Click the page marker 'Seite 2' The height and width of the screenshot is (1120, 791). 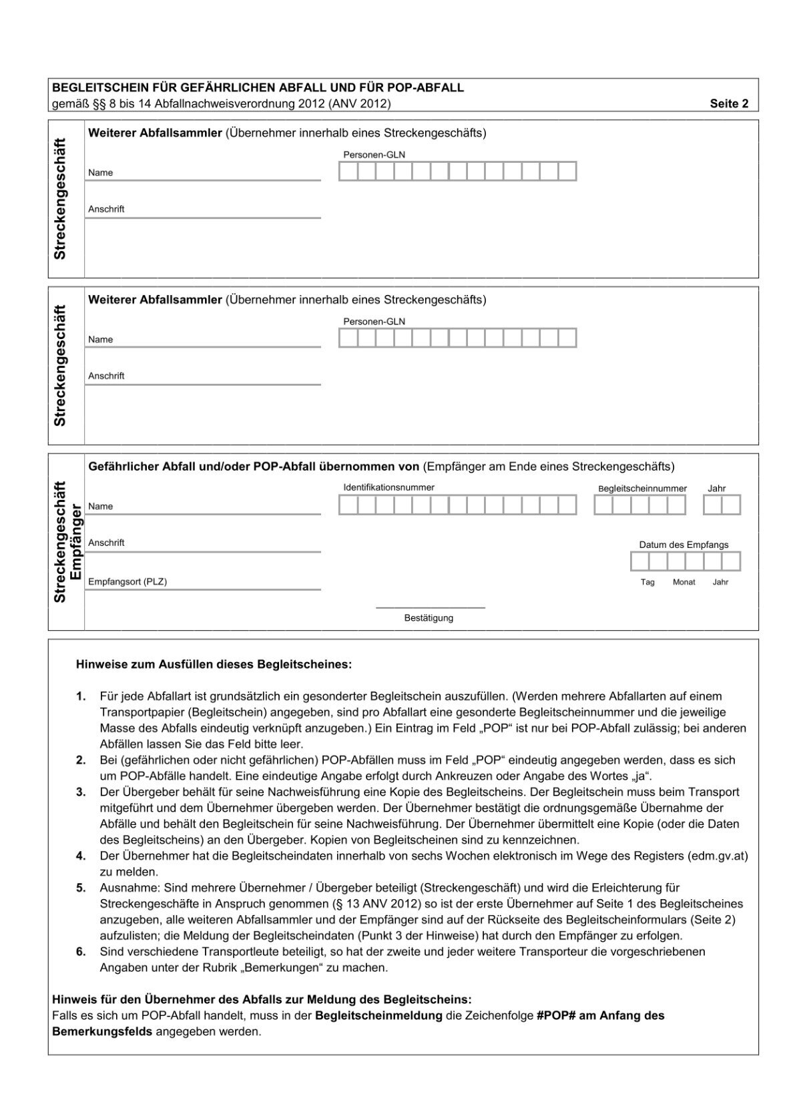pyautogui.click(x=729, y=103)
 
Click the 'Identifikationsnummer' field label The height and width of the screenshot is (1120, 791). pyautogui.click(x=388, y=487)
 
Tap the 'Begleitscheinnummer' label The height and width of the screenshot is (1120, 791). pyautogui.click(x=642, y=489)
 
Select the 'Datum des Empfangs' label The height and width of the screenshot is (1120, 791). pyautogui.click(x=684, y=545)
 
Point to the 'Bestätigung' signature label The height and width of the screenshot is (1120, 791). pyautogui.click(x=429, y=618)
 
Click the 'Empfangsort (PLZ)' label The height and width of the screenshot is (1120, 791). pyautogui.click(x=127, y=581)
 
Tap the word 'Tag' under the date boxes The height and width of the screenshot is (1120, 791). pyautogui.click(x=647, y=582)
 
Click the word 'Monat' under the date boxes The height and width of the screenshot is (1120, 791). pyautogui.click(x=684, y=582)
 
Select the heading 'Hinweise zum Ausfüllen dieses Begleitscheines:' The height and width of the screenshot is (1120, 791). pyautogui.click(x=213, y=665)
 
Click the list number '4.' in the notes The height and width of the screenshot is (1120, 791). pyautogui.click(x=81, y=856)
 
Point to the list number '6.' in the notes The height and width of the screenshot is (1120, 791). pyautogui.click(x=81, y=952)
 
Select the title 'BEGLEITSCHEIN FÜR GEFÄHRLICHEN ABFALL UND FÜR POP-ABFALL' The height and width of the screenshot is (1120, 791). pyautogui.click(x=258, y=87)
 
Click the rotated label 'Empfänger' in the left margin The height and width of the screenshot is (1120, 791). pyautogui.click(x=75, y=542)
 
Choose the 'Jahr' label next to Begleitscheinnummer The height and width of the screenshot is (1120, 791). pyautogui.click(x=716, y=489)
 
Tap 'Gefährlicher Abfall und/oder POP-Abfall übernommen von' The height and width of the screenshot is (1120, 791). pyautogui.click(x=254, y=467)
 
